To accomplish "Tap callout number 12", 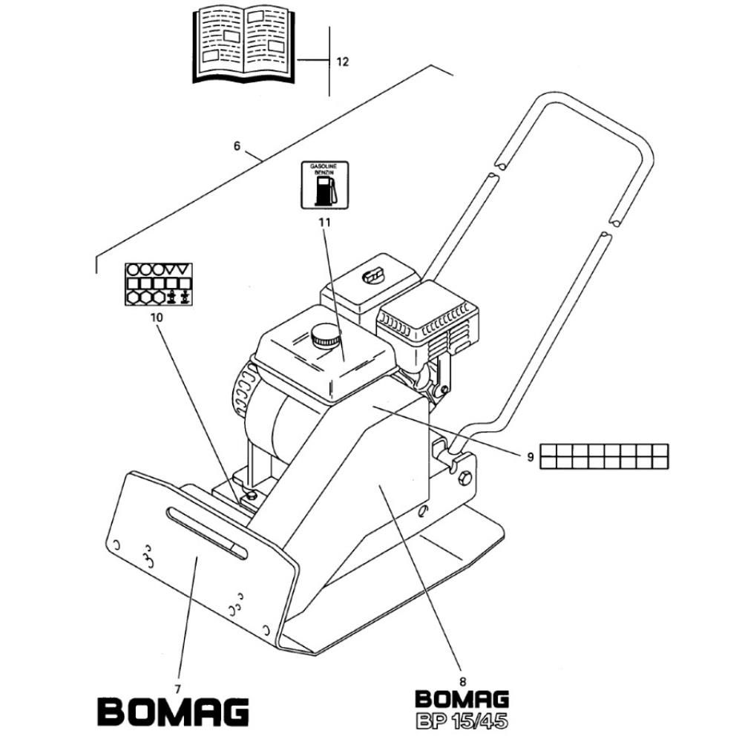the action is click(342, 62).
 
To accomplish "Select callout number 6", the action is click(237, 145).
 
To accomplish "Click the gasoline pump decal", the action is click(325, 185).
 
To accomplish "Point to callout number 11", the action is click(325, 222).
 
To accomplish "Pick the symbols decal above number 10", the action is click(159, 284).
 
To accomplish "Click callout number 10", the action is click(157, 317).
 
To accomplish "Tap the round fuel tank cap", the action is click(326, 335).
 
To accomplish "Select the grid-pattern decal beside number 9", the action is click(604, 456).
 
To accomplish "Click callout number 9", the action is click(530, 456).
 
